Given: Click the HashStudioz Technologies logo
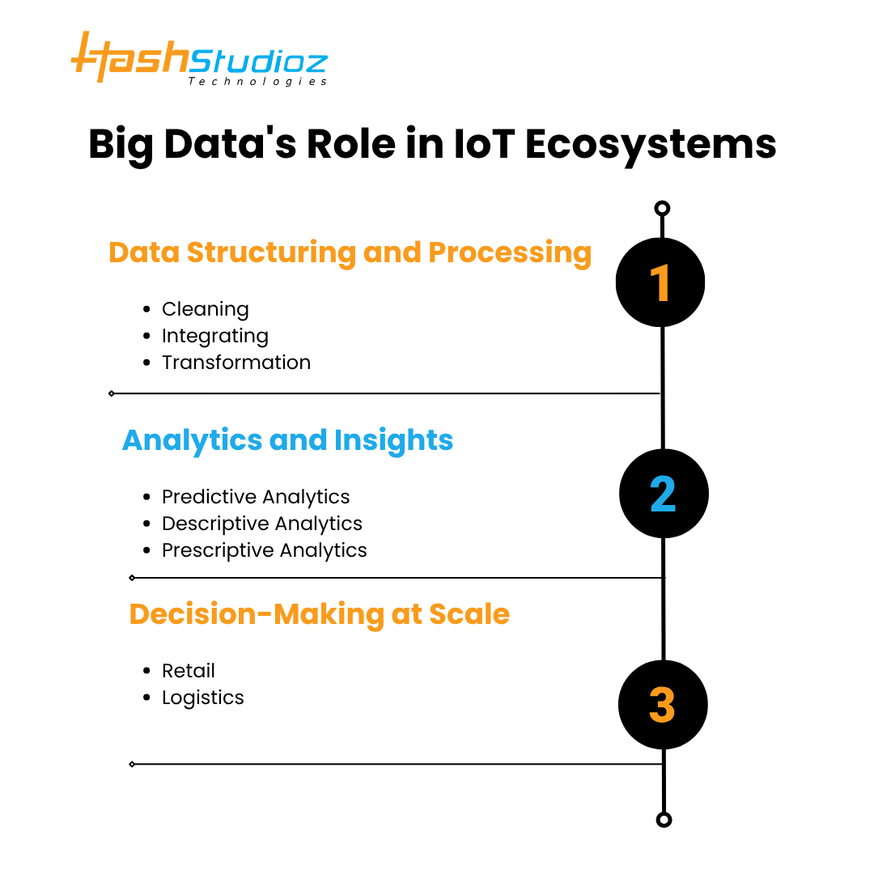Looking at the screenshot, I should coord(199,59).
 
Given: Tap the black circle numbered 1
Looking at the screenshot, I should coord(660,283).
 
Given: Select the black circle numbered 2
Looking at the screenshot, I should coord(664,494).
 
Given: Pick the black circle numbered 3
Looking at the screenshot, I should coord(663,704).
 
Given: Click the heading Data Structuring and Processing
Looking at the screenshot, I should coord(350,252).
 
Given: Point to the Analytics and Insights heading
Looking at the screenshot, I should coord(287,440).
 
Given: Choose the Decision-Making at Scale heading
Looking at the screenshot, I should coord(319,614).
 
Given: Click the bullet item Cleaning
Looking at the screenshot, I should coord(205,309).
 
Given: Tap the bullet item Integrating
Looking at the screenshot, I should coord(214,336).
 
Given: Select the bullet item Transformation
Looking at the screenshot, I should coord(235,363).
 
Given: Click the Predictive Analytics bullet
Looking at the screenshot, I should coord(256,497).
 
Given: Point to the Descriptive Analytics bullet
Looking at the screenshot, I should coord(261,524).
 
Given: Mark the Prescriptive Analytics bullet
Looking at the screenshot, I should coord(264,550).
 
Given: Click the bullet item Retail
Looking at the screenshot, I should coord(188,671).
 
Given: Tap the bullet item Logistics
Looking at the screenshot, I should coord(202,698).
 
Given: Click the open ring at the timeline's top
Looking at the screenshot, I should coord(662,209).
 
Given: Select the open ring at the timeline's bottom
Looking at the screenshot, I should coord(664,820).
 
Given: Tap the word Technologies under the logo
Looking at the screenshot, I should coord(257,82).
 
